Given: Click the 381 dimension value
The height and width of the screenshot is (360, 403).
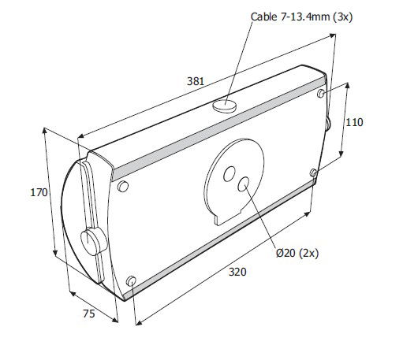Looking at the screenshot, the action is [x=196, y=81].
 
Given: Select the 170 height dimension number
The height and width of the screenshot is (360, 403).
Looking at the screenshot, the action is [x=39, y=192].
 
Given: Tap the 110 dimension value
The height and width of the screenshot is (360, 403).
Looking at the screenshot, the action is [x=354, y=122].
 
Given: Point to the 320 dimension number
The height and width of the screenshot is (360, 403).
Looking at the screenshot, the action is [x=237, y=272].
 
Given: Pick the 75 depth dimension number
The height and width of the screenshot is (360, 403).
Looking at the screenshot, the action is [x=89, y=314].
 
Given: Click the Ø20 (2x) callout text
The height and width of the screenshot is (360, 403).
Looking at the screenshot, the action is [x=297, y=253].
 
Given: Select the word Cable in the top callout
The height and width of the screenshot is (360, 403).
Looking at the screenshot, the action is [x=263, y=17].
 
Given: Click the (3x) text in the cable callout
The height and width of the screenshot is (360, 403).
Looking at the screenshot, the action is [x=343, y=17].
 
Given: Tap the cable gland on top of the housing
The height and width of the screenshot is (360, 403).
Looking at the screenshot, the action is [x=224, y=106].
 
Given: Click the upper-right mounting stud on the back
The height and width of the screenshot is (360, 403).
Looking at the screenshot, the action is [x=321, y=93].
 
